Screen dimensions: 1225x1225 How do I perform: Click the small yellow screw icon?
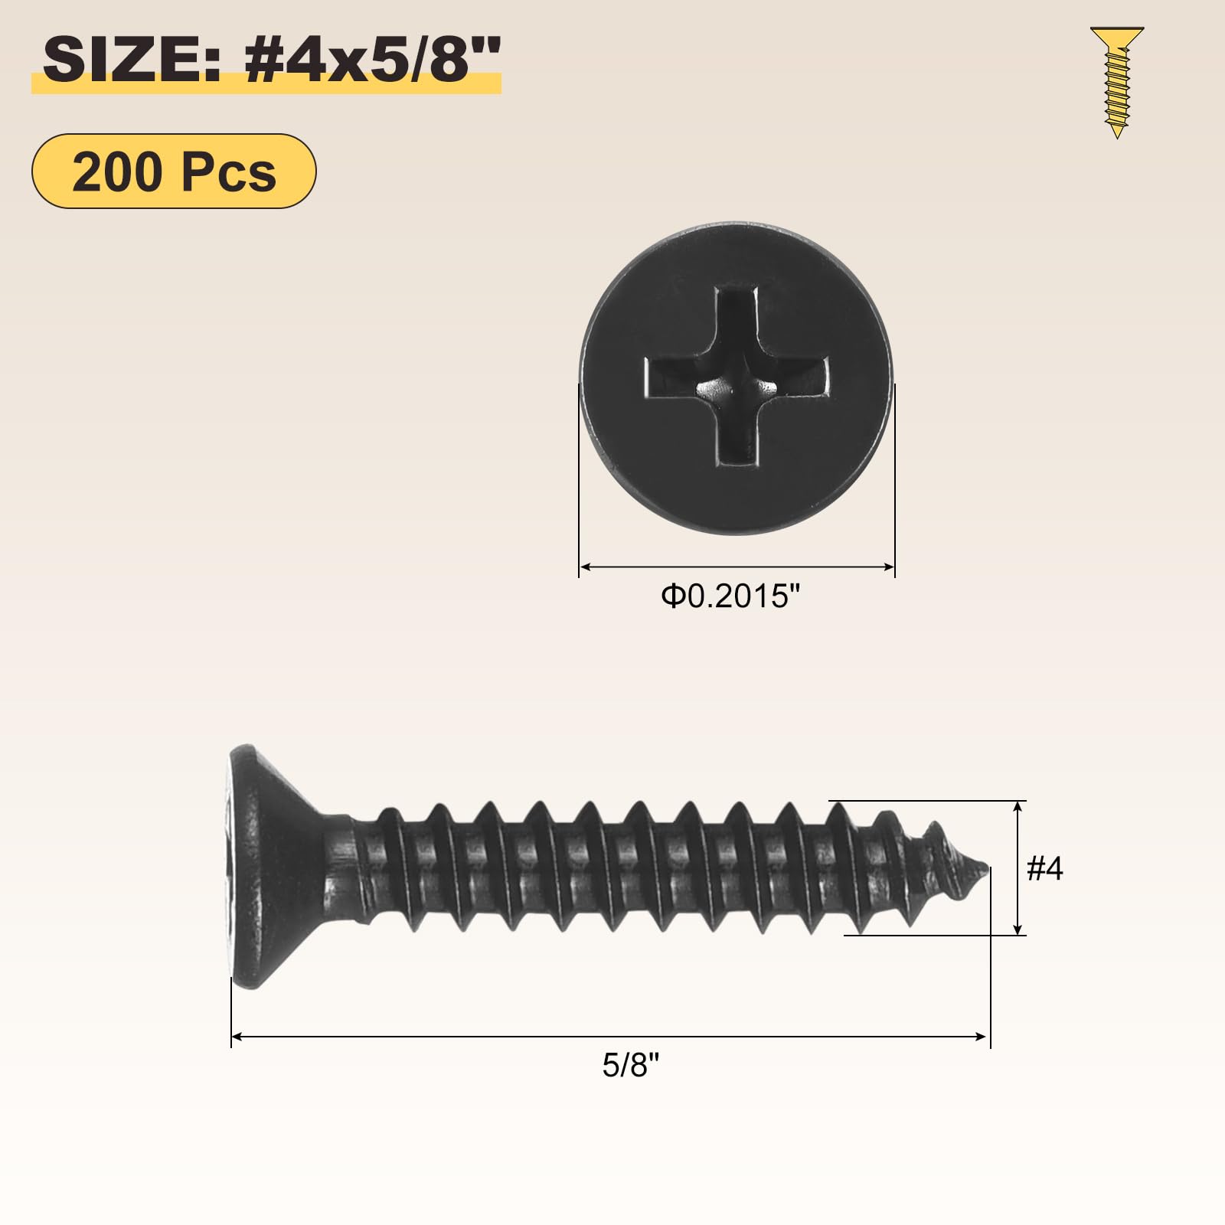pyautogui.click(x=1117, y=82)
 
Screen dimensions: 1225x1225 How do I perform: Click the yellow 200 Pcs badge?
pyautogui.click(x=174, y=171)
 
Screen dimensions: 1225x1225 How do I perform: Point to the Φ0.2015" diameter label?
pyautogui.click(x=731, y=596)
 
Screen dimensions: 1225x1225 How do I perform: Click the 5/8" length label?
pyautogui.click(x=630, y=1065)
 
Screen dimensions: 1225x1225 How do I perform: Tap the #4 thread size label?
pyautogui.click(x=1044, y=868)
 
